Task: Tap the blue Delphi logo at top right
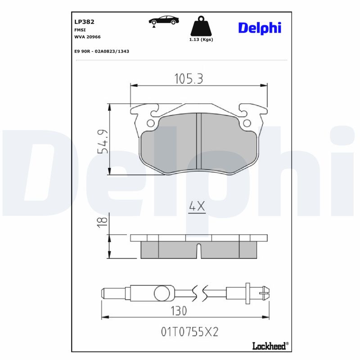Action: pos(260,27)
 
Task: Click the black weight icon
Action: pos(201,27)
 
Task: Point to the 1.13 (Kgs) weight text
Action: pos(201,40)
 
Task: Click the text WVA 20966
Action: pos(87,37)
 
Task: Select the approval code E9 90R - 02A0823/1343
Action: pos(102,51)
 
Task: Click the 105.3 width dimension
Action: pos(189,79)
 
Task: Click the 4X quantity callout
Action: pos(197,207)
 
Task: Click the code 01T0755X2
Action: pos(189,332)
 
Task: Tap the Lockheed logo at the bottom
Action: pos(269,345)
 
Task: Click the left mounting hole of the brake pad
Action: pos(150,123)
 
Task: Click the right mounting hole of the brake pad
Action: pos(247,123)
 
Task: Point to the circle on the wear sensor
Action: pos(161,293)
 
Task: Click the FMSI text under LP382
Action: pos(79,29)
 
